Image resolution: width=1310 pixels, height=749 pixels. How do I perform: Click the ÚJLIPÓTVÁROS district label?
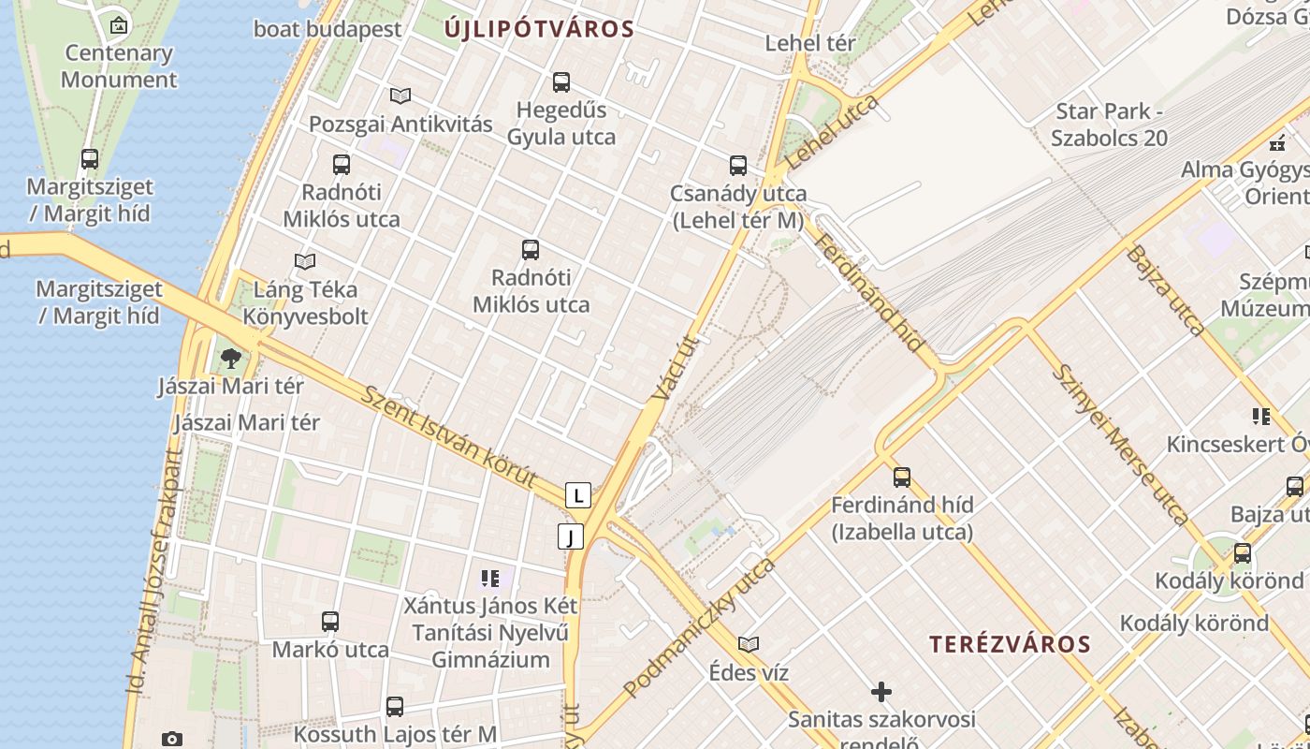pyautogui.click(x=540, y=29)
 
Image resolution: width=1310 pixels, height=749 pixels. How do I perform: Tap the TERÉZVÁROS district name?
pyautogui.click(x=1010, y=644)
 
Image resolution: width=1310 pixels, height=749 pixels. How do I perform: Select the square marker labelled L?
pyautogui.click(x=578, y=495)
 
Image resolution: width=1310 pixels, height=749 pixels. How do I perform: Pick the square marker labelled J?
pyautogui.click(x=570, y=536)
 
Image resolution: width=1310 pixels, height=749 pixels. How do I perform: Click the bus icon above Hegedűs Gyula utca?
pyautogui.click(x=561, y=82)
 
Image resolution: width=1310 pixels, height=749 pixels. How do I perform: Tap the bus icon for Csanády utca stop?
pyautogui.click(x=738, y=166)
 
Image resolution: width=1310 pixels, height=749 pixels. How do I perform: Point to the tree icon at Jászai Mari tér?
pyautogui.click(x=230, y=358)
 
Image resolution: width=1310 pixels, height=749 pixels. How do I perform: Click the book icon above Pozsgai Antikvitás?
pyautogui.click(x=400, y=95)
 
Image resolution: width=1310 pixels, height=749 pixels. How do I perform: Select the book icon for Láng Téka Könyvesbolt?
pyautogui.click(x=305, y=261)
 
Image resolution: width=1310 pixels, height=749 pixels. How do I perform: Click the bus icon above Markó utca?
pyautogui.click(x=330, y=621)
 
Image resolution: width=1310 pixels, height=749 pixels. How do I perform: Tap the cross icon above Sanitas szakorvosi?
pyautogui.click(x=881, y=692)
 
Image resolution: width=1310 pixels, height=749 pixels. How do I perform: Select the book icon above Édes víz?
pyautogui.click(x=749, y=644)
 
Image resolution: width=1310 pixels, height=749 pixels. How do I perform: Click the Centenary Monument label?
pyautogui.click(x=119, y=66)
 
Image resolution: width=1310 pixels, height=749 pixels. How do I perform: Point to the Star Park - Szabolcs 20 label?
pyautogui.click(x=1110, y=125)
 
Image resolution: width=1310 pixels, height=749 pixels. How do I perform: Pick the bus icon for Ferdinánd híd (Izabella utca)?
pyautogui.click(x=902, y=477)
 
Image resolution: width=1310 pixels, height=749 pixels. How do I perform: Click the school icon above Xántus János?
pyautogui.click(x=490, y=579)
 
